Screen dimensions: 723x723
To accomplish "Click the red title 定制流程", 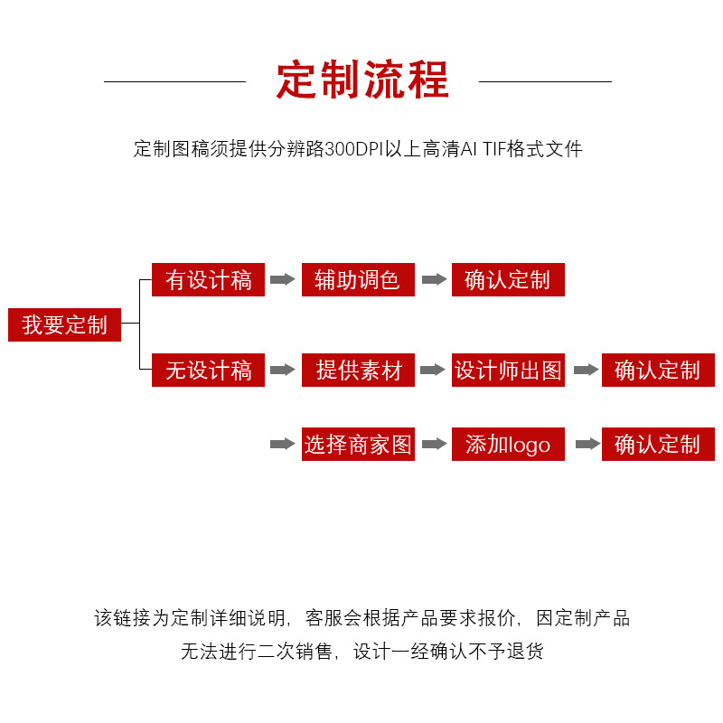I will (362, 80).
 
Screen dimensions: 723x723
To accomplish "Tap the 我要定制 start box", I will (64, 324).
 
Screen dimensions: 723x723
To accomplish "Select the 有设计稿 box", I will (208, 280).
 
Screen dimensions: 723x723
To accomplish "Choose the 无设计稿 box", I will (208, 371).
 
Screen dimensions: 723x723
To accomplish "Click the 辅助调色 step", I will (358, 280).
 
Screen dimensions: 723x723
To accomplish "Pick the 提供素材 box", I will (358, 371).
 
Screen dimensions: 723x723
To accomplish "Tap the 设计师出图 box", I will (508, 371).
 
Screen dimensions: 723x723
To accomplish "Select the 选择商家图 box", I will (358, 445).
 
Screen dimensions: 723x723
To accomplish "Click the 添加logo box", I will (508, 445).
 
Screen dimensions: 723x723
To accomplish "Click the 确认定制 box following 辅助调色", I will (508, 280).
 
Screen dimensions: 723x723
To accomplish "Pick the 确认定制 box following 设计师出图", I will (658, 371).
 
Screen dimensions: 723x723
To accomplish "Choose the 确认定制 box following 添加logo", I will (658, 445).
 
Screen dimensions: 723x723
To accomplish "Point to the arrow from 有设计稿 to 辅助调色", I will (283, 279).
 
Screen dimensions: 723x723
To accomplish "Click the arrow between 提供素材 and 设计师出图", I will (434, 370).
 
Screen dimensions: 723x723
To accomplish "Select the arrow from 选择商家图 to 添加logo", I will (434, 444).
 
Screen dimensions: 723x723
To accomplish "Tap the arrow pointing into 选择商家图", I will (283, 444).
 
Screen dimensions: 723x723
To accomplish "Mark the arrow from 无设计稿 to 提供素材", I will (283, 370).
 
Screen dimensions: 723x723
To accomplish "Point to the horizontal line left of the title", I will (174, 81).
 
